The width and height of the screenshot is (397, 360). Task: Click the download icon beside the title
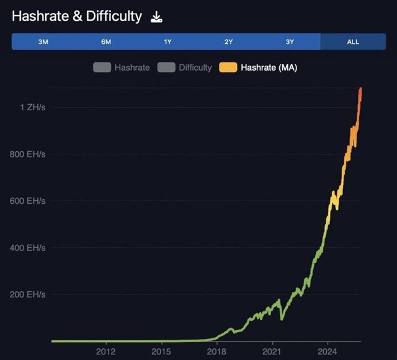click(157, 17)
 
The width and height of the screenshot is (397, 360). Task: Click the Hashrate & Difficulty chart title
click(77, 17)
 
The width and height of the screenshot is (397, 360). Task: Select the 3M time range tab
click(43, 42)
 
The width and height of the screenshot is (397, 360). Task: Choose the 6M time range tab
click(106, 42)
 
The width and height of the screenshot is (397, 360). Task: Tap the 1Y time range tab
click(167, 42)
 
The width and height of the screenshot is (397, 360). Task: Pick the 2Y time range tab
click(229, 42)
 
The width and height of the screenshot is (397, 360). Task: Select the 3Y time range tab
click(290, 42)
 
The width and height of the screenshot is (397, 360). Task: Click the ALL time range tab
click(353, 42)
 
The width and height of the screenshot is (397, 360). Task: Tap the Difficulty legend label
click(195, 67)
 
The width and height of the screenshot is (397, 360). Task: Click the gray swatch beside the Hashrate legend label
click(102, 67)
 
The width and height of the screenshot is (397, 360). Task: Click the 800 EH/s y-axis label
click(27, 154)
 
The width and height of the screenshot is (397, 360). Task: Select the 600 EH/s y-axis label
click(27, 201)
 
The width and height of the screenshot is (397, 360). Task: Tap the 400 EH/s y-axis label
click(27, 248)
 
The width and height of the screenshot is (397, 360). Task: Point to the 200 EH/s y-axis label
click(27, 294)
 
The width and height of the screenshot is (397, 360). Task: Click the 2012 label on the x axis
click(106, 352)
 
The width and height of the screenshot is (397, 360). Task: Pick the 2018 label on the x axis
click(216, 352)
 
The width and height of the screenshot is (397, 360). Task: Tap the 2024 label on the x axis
click(328, 352)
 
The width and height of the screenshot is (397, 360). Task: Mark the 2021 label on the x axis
click(272, 352)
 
